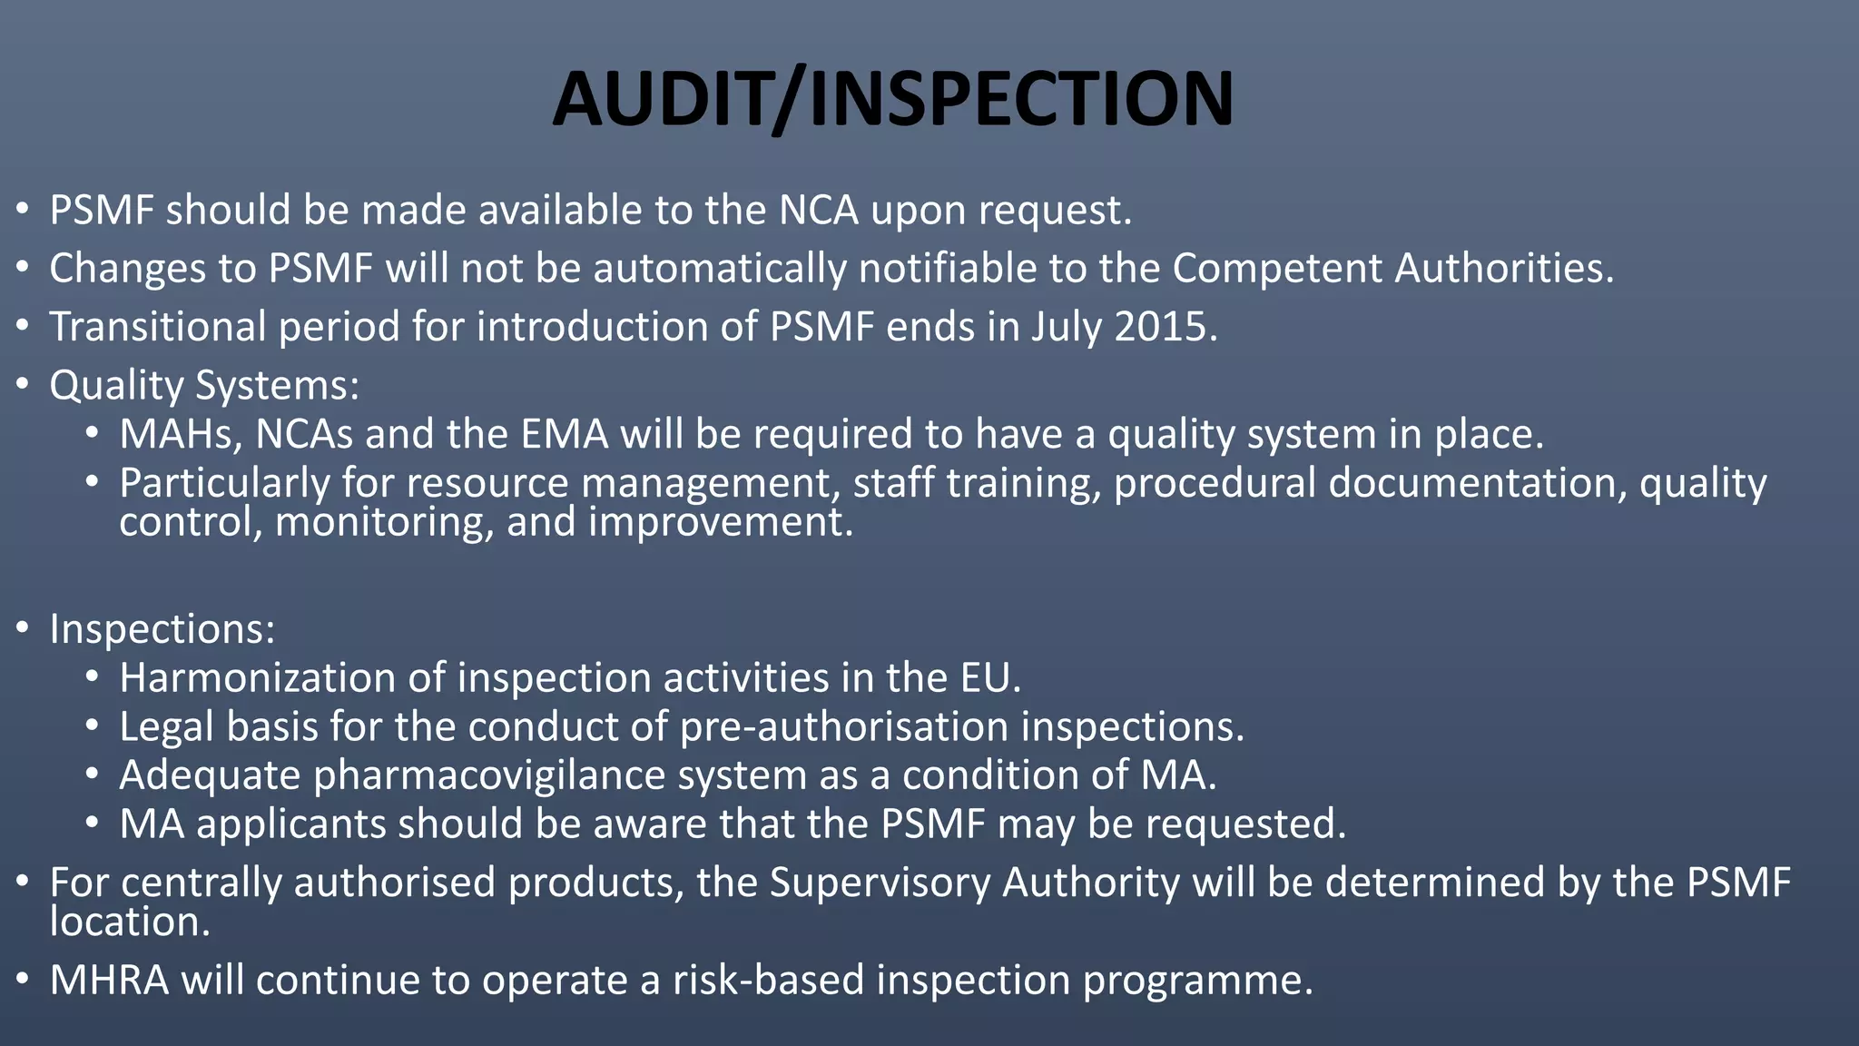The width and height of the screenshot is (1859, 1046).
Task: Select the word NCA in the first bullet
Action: point(818,211)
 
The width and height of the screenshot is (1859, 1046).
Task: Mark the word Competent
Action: point(1277,269)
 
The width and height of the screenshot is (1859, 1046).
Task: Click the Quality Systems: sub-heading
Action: point(204,386)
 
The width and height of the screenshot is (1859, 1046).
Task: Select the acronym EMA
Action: point(564,434)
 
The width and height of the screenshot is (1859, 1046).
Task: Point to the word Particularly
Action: point(224,483)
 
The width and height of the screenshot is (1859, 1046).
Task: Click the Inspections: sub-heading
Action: point(162,628)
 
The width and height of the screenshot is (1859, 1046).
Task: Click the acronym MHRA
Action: point(109,980)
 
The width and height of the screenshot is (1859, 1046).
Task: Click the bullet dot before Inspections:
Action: point(23,628)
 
